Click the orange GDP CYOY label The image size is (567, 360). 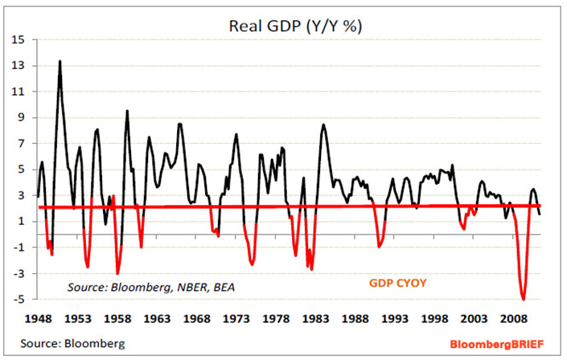pos(399,284)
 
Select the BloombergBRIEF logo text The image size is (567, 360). pos(496,344)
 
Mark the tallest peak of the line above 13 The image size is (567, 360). pos(60,61)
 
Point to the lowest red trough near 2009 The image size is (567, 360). pos(524,299)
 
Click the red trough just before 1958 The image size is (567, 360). pos(117,274)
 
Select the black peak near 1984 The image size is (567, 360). pos(323,125)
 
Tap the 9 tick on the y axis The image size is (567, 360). pos(19,117)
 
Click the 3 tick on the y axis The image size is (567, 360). pos(19,195)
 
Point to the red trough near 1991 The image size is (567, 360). pos(379,247)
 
